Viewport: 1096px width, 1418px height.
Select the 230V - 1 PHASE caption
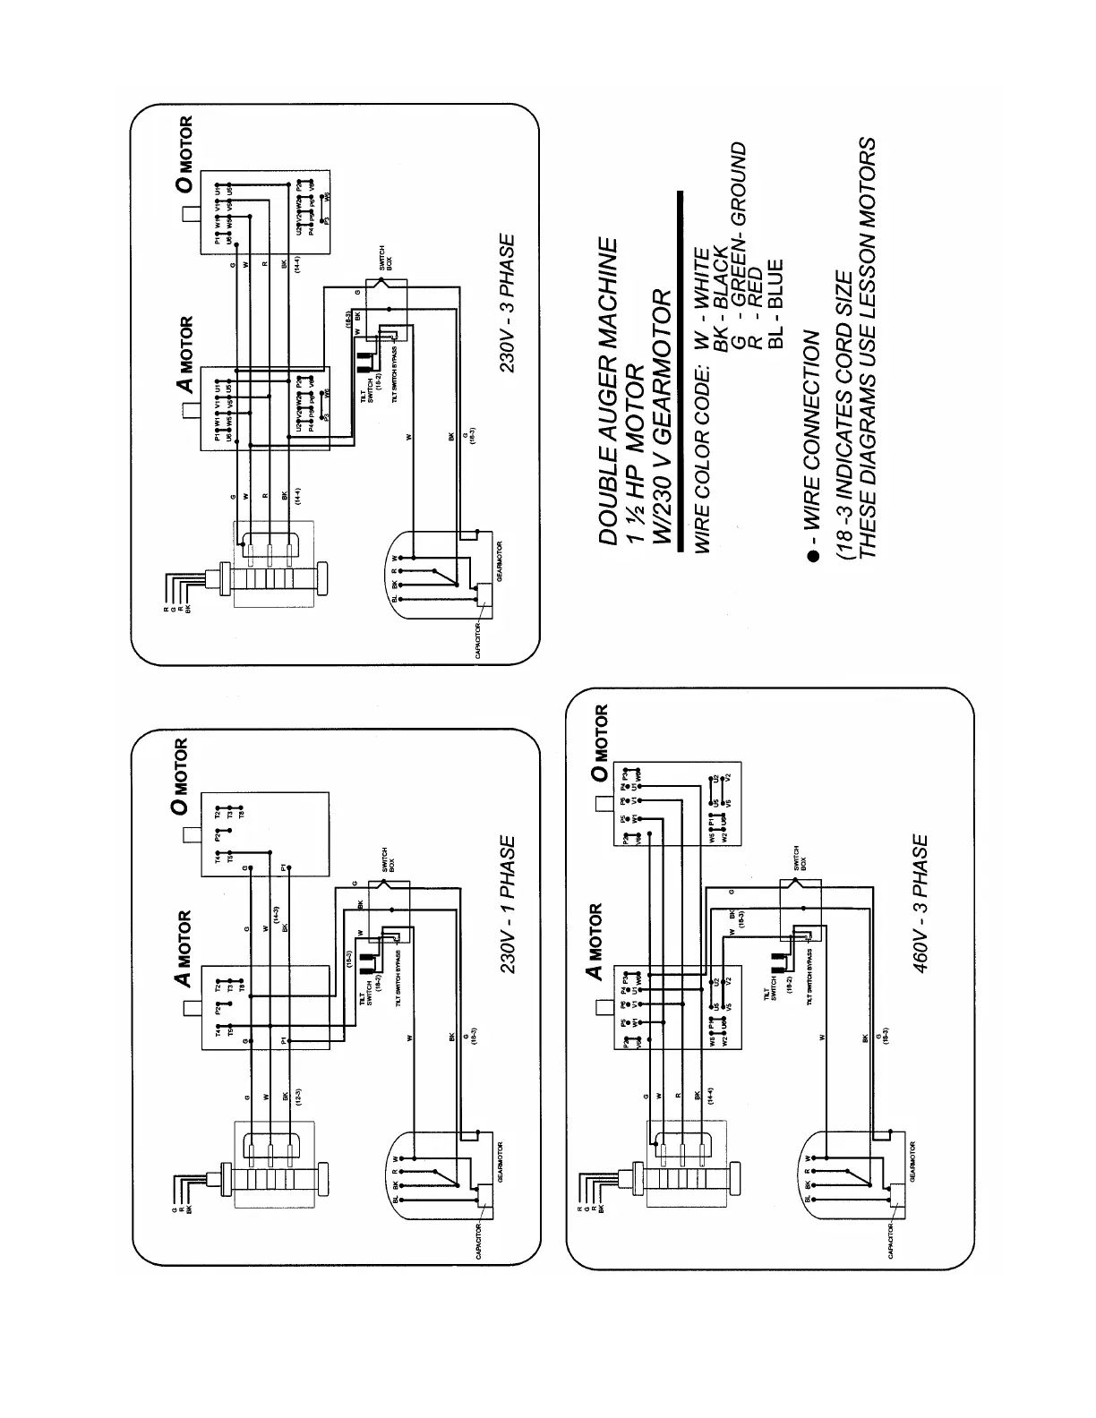coord(507,906)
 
